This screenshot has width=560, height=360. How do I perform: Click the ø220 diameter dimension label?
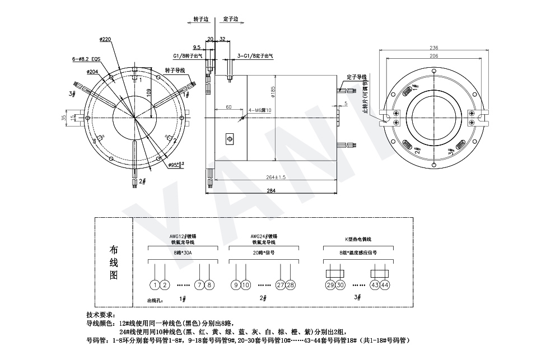coord(105,39)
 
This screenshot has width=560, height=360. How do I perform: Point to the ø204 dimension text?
coord(93,72)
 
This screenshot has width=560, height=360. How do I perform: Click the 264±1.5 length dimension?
coord(276,177)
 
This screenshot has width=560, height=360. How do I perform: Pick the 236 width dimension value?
coord(434,48)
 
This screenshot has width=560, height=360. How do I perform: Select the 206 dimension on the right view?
coord(434,57)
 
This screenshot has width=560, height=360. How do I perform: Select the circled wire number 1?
coord(155,285)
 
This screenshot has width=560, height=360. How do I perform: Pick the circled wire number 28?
coord(290,285)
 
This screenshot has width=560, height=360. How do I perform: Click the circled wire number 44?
coord(385,285)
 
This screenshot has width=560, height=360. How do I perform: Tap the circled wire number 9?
coord(236,285)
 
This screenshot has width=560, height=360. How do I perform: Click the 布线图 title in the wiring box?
coord(114,263)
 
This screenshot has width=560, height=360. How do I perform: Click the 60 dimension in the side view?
coord(228,106)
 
